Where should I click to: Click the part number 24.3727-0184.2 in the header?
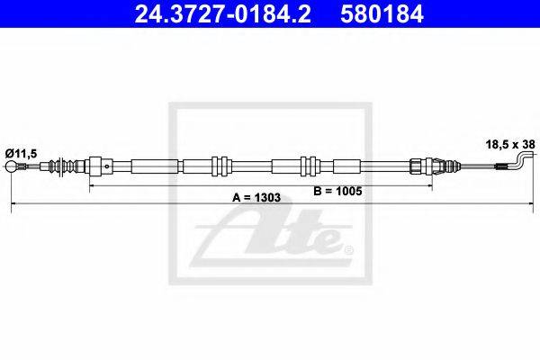point(222,13)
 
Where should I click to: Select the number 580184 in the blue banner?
point(382,13)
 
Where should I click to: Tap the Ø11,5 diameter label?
point(21,154)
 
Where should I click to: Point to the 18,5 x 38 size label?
point(510,144)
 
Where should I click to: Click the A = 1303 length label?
point(256,198)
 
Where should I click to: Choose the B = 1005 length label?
point(337,191)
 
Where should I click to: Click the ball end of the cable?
point(12,166)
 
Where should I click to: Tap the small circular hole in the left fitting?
point(107,166)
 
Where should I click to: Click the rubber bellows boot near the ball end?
point(61,166)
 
